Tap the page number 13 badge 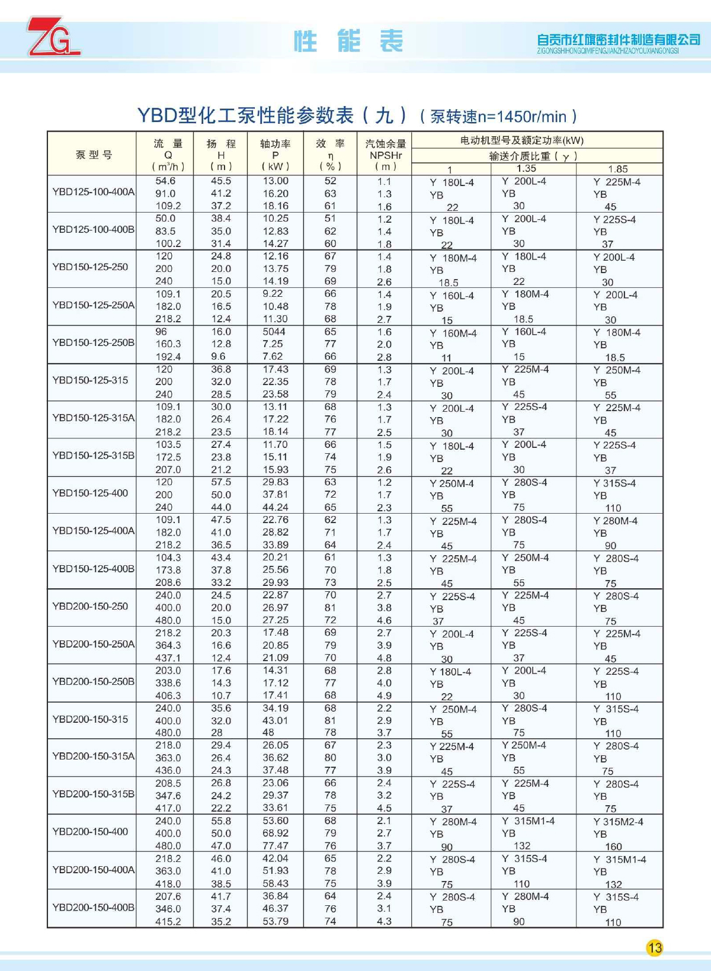[x=654, y=948]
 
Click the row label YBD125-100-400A [x=93, y=192]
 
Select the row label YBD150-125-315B [x=93, y=456]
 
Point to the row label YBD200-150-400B [x=93, y=908]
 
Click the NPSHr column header [x=385, y=155]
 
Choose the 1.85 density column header [x=617, y=169]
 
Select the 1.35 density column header [x=526, y=169]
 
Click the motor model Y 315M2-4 [x=618, y=822]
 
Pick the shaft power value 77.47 [x=276, y=846]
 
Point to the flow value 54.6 [x=165, y=181]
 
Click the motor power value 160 [x=613, y=847]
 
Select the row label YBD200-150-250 [x=90, y=607]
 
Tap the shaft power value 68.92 [x=276, y=834]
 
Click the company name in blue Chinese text [x=618, y=40]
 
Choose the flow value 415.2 [x=168, y=922]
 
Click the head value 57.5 [x=221, y=482]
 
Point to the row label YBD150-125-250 [x=90, y=267]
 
